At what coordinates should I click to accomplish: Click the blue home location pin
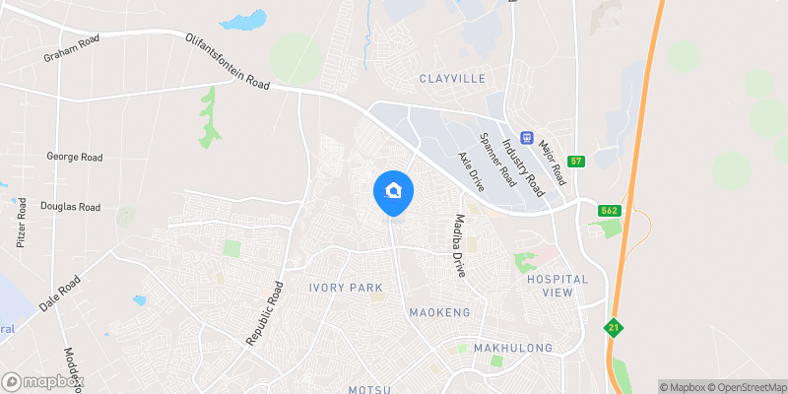click(394, 191)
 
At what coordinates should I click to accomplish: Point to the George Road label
click(75, 157)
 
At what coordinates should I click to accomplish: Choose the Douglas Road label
click(70, 207)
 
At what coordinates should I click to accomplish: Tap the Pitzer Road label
click(22, 222)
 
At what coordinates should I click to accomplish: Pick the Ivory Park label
click(345, 287)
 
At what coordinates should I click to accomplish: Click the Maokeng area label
click(439, 312)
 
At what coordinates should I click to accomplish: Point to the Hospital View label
click(557, 286)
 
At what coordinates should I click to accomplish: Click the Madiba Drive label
click(458, 245)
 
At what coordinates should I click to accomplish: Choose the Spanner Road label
click(496, 161)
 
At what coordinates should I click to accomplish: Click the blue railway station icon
click(527, 138)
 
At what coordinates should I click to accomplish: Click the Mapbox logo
click(41, 381)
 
